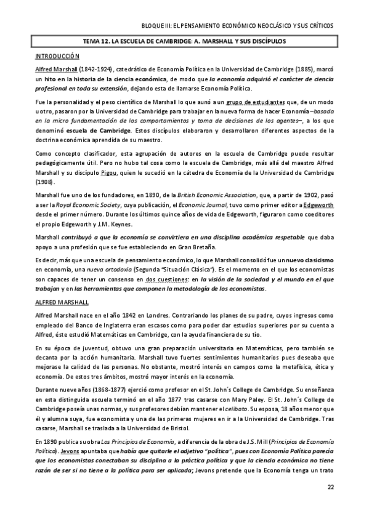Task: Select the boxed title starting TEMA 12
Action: coord(184,41)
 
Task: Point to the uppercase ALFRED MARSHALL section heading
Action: coord(62,302)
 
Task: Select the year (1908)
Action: coord(45,182)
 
